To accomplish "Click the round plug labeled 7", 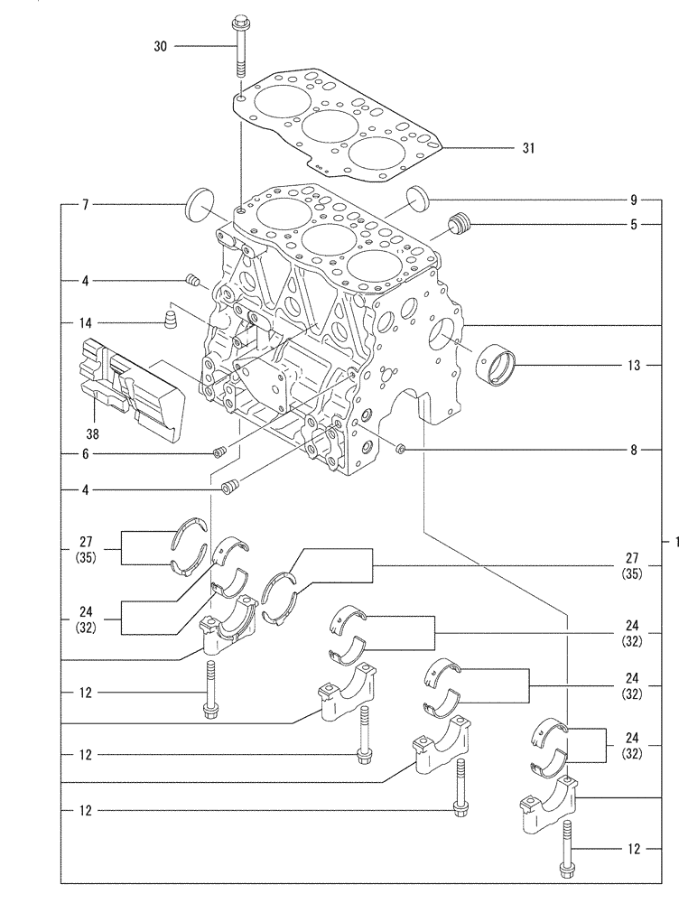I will click(x=198, y=205).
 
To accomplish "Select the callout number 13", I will click(x=635, y=366).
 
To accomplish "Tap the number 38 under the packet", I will click(x=93, y=434).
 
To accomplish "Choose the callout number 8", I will click(x=635, y=448).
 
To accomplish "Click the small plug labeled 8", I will click(x=402, y=447).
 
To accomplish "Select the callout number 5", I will click(x=635, y=223).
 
